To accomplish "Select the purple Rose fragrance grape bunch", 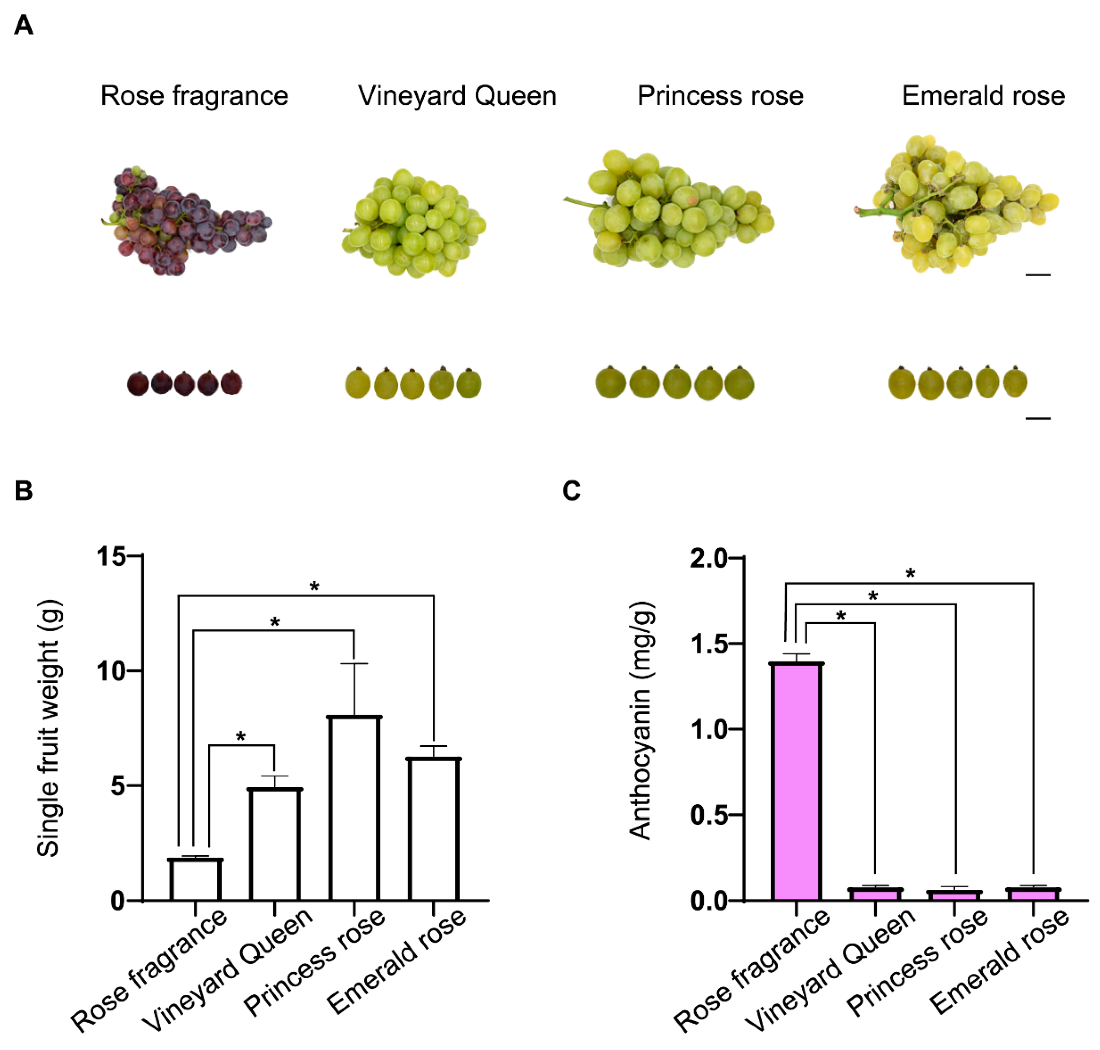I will (x=185, y=221).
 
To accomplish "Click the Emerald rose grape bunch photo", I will (x=957, y=204).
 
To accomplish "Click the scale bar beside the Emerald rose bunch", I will (x=1037, y=275).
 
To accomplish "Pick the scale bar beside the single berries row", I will (x=1037, y=418).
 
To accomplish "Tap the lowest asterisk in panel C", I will (x=840, y=617).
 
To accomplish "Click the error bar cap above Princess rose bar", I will (x=354, y=663).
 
